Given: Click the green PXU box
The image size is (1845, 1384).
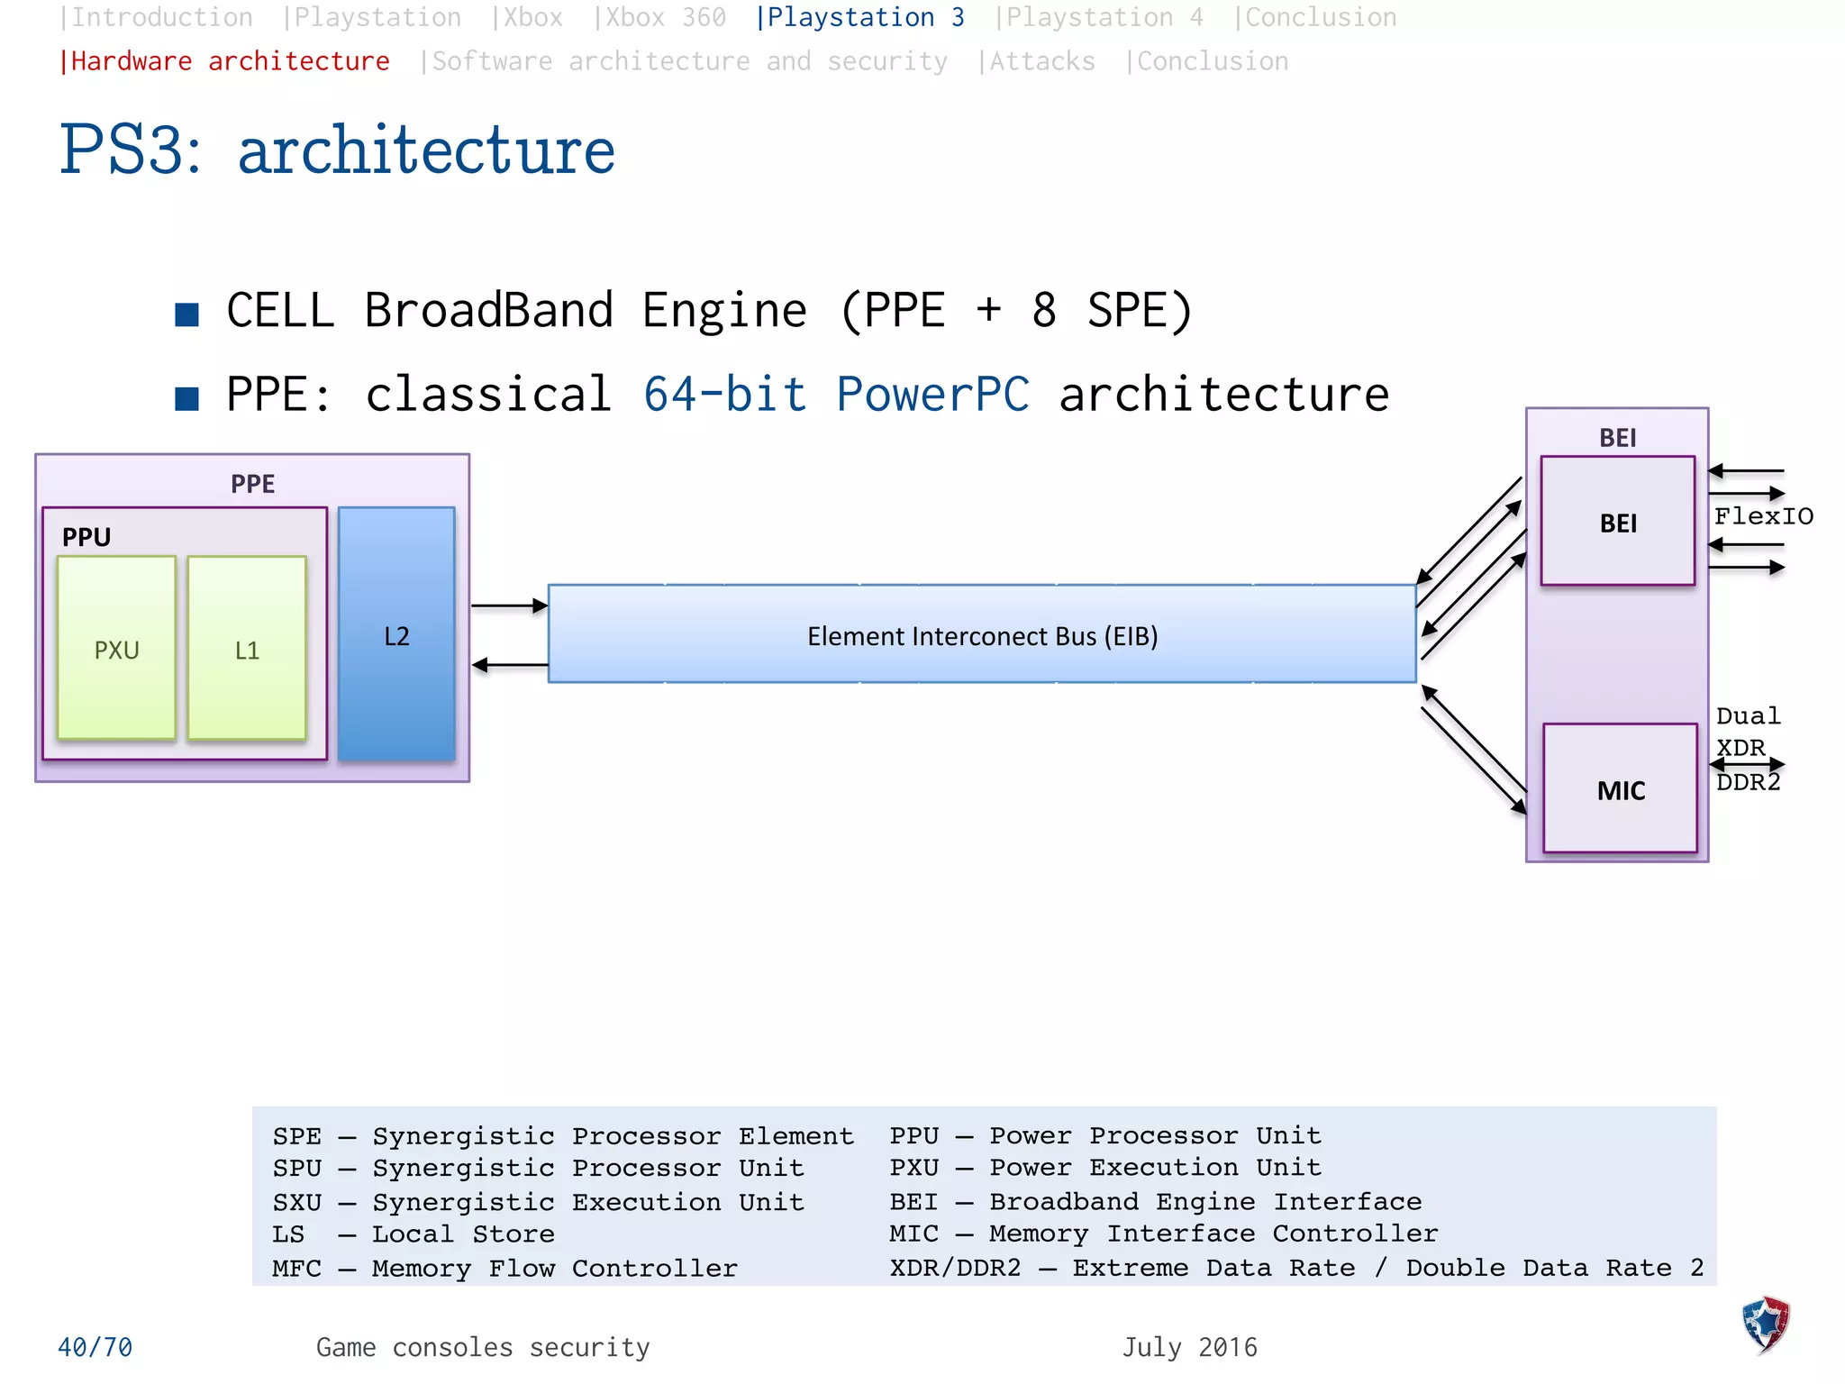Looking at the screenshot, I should point(116,648).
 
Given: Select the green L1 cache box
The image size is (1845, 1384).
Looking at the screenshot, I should point(247,648).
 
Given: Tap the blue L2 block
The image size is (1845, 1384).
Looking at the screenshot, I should point(396,634).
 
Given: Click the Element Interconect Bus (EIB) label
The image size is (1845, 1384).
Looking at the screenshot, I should point(982,636).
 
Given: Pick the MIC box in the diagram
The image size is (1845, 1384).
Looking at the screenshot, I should point(1620,789).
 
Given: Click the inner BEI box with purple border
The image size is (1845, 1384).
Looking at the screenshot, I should point(1617,522).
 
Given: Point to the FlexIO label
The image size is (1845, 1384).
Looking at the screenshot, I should point(1763,516).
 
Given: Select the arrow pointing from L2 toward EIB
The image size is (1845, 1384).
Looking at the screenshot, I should point(509,605).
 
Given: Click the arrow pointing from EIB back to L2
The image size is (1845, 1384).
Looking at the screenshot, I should point(509,665).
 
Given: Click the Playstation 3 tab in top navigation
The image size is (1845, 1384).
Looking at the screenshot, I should point(859,17).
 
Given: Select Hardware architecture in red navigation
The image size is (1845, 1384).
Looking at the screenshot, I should point(224,61).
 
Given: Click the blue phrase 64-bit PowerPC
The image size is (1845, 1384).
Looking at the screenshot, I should point(836,395).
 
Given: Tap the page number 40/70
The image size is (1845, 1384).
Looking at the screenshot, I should point(95,1347).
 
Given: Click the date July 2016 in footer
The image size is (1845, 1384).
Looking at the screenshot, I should point(1189,1347).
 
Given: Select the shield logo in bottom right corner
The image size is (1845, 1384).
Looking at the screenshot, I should point(1765,1324).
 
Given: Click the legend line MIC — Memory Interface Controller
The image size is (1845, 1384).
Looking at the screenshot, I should point(1163,1234).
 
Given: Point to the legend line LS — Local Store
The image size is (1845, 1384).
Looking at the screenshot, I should point(414,1234).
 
